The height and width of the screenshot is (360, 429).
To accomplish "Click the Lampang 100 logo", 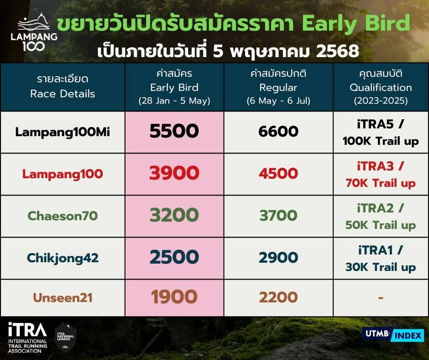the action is (34, 32).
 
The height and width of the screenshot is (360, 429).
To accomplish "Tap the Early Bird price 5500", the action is (174, 131).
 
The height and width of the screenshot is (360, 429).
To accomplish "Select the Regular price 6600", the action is (278, 131).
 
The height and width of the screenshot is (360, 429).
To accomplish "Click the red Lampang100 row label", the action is (63, 174).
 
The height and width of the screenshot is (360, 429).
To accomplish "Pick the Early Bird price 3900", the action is (174, 173).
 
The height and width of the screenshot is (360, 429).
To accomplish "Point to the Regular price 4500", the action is (278, 174).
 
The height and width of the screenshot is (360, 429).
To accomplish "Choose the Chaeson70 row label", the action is (63, 216).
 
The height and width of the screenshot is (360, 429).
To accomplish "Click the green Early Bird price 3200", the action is (174, 215).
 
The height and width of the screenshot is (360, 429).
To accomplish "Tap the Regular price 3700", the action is (278, 215).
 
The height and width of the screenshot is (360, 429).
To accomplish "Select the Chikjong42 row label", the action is (63, 258).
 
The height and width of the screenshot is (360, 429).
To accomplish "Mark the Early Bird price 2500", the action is (174, 257).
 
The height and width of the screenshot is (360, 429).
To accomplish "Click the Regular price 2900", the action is (278, 258).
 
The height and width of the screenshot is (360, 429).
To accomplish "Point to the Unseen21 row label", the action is (63, 298).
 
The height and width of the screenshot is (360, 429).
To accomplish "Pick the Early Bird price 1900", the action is (174, 296).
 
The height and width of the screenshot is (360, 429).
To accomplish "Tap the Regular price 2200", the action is (278, 297).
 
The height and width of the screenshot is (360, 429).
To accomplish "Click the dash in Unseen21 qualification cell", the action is (381, 297).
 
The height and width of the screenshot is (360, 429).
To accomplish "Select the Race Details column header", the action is (63, 86).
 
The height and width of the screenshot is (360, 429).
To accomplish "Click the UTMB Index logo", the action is (393, 334).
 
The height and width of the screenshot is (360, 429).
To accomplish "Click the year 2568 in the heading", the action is (337, 51).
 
